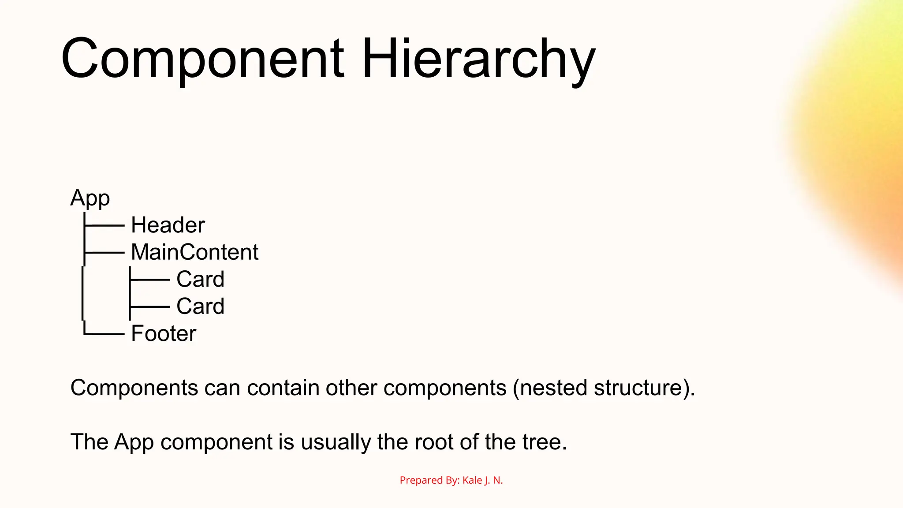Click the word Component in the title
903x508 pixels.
tap(202, 59)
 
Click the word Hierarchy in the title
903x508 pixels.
tap(478, 59)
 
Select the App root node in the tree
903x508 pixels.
tap(90, 198)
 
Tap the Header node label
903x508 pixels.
tap(168, 225)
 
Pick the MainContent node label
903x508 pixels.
tap(194, 252)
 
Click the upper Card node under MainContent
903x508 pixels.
tap(200, 280)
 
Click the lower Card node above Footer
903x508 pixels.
tap(200, 306)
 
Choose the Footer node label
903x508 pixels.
tap(164, 334)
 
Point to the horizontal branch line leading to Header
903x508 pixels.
tap(104, 226)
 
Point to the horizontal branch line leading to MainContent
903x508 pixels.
tap(104, 253)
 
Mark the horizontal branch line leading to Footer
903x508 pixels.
tap(104, 334)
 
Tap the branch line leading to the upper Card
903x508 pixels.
tap(150, 280)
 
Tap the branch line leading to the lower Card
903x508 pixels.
tap(150, 306)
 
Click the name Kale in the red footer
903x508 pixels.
tap(472, 480)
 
